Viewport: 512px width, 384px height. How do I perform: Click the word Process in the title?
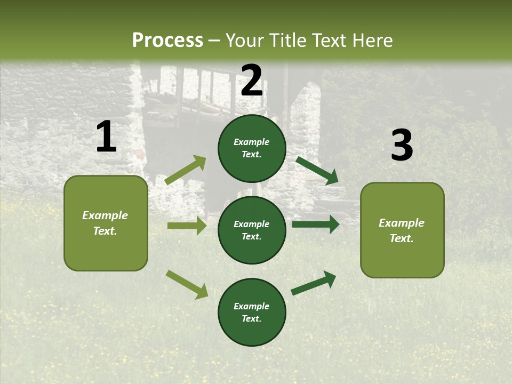pos(167,40)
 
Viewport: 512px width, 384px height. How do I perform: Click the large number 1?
pos(106,137)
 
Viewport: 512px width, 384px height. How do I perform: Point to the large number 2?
pos(252,81)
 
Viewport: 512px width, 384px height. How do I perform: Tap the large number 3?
pos(402,146)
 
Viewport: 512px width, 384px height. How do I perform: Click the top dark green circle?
pos(252,148)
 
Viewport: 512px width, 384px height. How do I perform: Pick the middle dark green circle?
pos(252,230)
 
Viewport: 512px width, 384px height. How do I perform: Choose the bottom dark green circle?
pos(252,312)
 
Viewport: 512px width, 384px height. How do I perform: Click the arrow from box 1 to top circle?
pos(186,170)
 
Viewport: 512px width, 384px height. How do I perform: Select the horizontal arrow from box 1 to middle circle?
pos(187,226)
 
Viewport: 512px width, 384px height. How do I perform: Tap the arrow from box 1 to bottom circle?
pos(187,284)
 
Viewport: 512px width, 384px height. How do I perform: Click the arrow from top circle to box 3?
pos(317,170)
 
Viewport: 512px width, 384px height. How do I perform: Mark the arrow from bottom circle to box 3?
pos(314,283)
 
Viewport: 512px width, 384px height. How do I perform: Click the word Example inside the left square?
pos(105,215)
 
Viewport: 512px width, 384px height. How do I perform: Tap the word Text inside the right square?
pos(402,238)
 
